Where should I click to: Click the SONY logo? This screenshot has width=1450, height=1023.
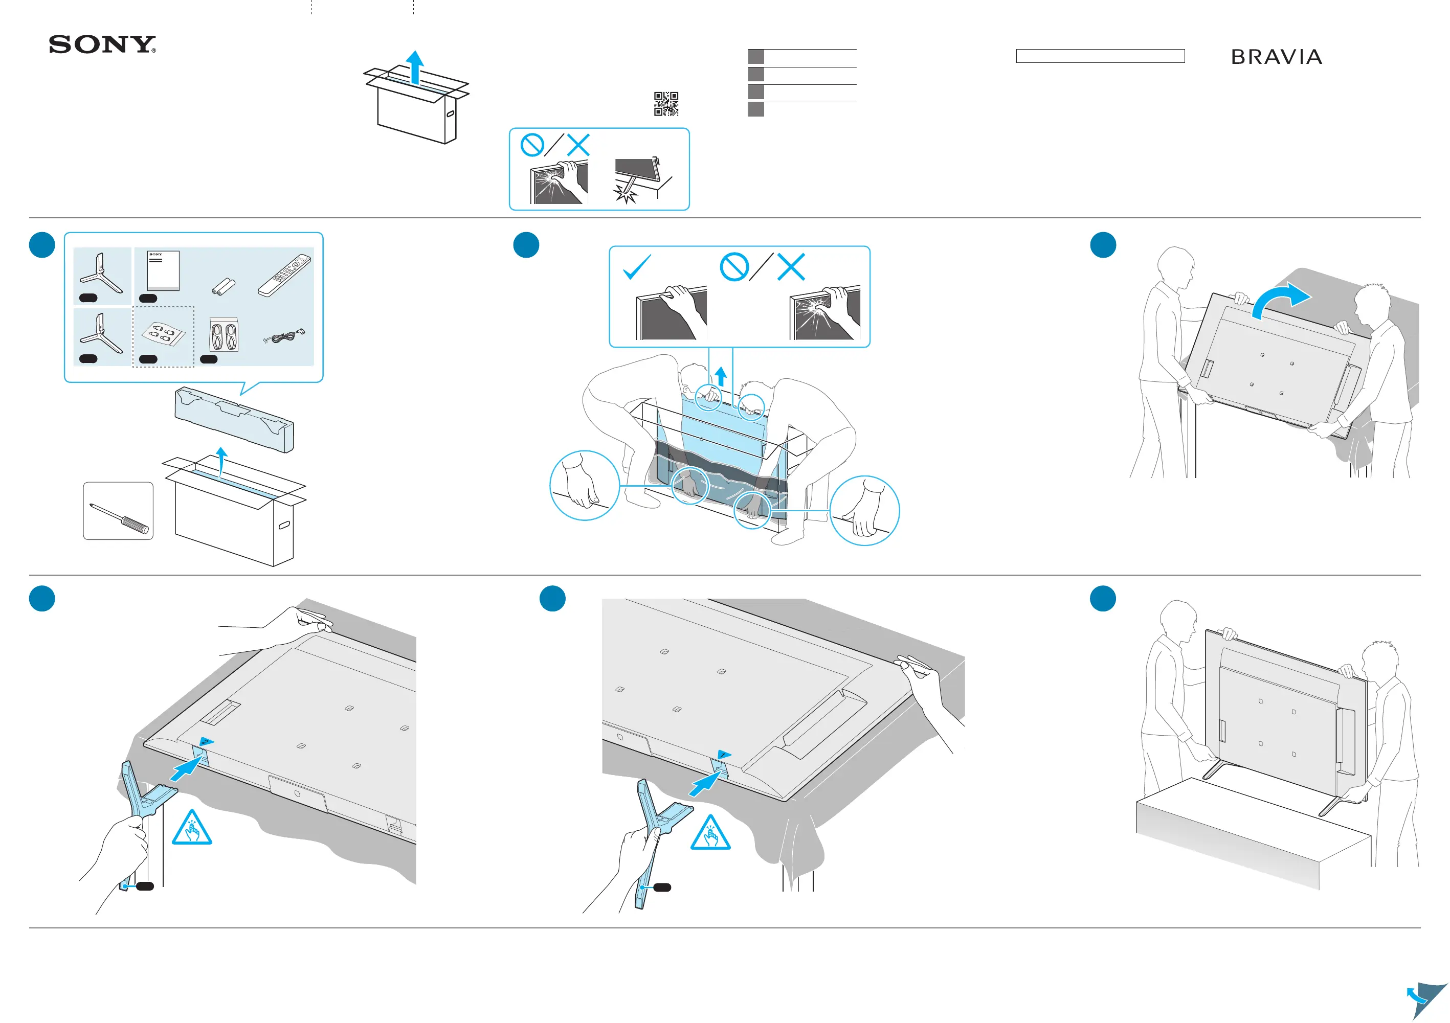(102, 45)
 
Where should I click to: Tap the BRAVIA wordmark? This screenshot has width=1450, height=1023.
(1276, 57)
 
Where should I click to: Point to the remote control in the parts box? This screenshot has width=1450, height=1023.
(285, 275)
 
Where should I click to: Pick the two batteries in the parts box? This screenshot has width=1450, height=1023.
(223, 287)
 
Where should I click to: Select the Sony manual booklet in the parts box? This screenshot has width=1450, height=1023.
(163, 270)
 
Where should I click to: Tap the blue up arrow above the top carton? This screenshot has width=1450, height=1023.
(414, 66)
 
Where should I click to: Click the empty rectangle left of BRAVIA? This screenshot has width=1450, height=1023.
(1100, 56)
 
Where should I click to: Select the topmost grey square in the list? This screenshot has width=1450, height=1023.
(756, 56)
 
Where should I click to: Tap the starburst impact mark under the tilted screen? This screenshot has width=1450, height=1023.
(626, 195)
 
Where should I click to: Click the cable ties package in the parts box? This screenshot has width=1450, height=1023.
(224, 334)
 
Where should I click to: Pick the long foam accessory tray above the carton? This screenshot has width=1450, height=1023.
(234, 420)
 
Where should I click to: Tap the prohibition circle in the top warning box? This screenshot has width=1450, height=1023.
(532, 145)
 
